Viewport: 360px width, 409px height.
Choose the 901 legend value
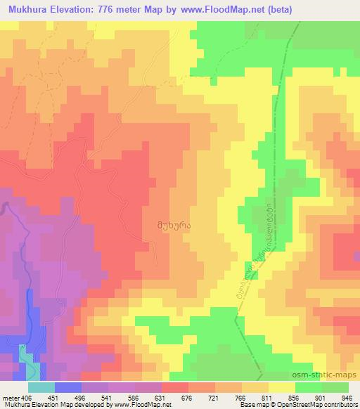[x=322, y=397]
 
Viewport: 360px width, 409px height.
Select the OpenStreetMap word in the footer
[x=304, y=405]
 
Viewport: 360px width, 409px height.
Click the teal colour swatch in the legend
[x=41, y=387]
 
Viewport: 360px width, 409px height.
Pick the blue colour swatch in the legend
[x=67, y=387]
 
